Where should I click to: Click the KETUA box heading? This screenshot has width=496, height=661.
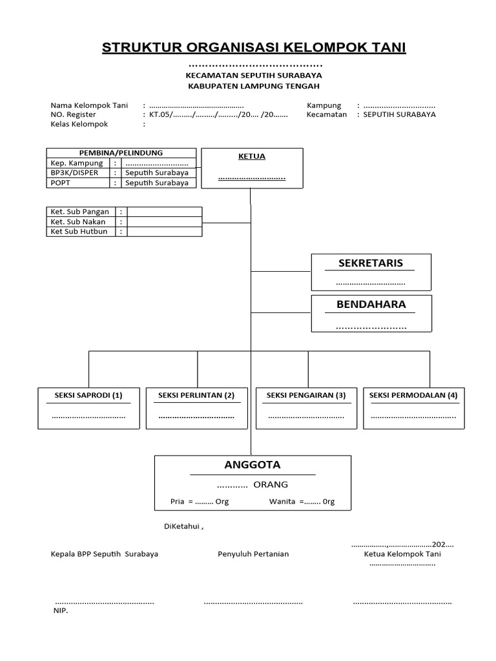[252, 157]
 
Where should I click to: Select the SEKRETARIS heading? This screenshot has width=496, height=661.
[371, 263]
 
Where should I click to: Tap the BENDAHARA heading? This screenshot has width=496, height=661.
[371, 305]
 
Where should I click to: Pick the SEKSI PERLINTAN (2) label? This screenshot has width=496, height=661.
[196, 395]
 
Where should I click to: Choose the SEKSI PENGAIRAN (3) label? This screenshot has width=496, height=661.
[306, 395]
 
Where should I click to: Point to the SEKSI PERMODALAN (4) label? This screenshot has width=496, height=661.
[413, 395]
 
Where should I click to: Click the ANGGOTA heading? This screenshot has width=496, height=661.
[252, 465]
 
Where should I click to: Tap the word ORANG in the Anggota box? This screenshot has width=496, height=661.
[271, 485]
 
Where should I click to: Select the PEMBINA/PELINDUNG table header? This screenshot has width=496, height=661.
[121, 153]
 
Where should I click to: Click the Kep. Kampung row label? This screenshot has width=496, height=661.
[77, 163]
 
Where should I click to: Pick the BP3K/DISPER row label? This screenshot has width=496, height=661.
[74, 173]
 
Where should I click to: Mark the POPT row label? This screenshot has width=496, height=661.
[60, 183]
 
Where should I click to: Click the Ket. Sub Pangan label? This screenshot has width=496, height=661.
[79, 212]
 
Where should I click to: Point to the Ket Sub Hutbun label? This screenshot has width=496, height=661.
[79, 231]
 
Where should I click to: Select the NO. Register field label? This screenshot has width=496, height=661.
[72, 114]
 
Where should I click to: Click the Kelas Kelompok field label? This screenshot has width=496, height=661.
[79, 124]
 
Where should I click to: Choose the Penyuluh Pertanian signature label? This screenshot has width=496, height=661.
[253, 554]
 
